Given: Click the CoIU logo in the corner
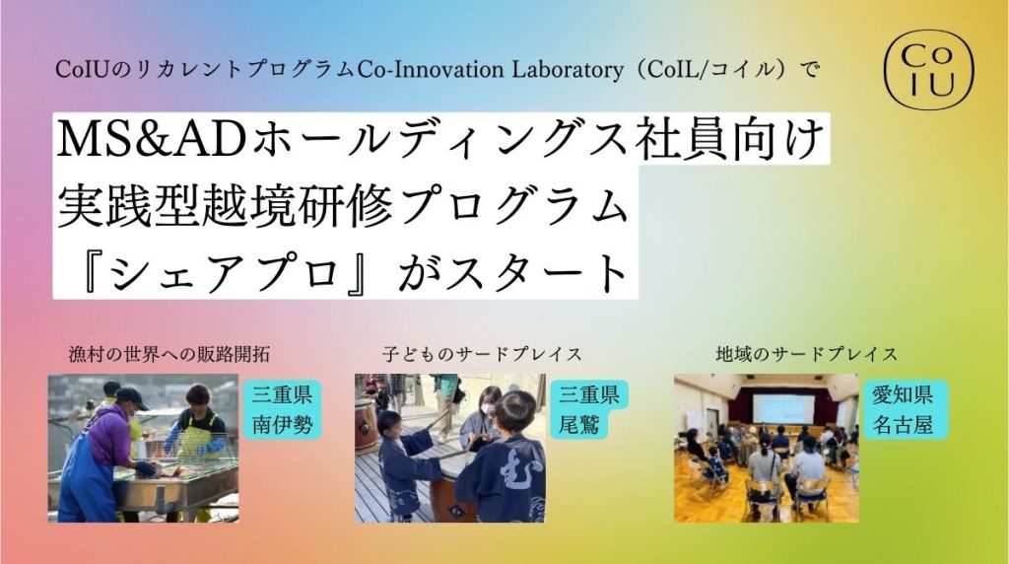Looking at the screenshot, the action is (x=928, y=70).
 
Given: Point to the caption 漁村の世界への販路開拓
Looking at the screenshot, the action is (x=169, y=353).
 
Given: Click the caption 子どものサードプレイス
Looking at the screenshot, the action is (x=481, y=353).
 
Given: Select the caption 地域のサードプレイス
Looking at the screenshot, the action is (x=806, y=353).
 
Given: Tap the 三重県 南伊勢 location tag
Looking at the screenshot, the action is (x=281, y=409).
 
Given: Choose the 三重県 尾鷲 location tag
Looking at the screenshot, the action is (x=588, y=409).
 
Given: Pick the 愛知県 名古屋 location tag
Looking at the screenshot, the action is (x=902, y=409).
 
